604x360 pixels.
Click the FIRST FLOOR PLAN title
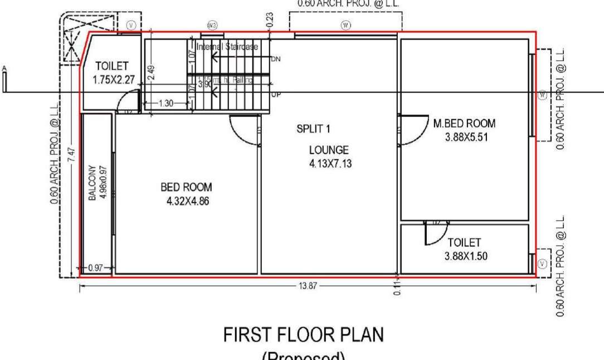click(303, 335)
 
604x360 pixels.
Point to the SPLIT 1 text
click(313, 129)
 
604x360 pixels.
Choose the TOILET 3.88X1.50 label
click(464, 249)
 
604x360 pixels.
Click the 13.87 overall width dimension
click(308, 286)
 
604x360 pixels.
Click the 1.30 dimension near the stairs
click(166, 103)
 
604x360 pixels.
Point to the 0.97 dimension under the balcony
click(96, 268)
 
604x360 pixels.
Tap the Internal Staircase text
click(227, 47)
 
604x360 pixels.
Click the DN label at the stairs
click(276, 59)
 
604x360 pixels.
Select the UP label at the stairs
click(276, 95)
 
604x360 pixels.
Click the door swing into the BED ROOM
click(244, 129)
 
